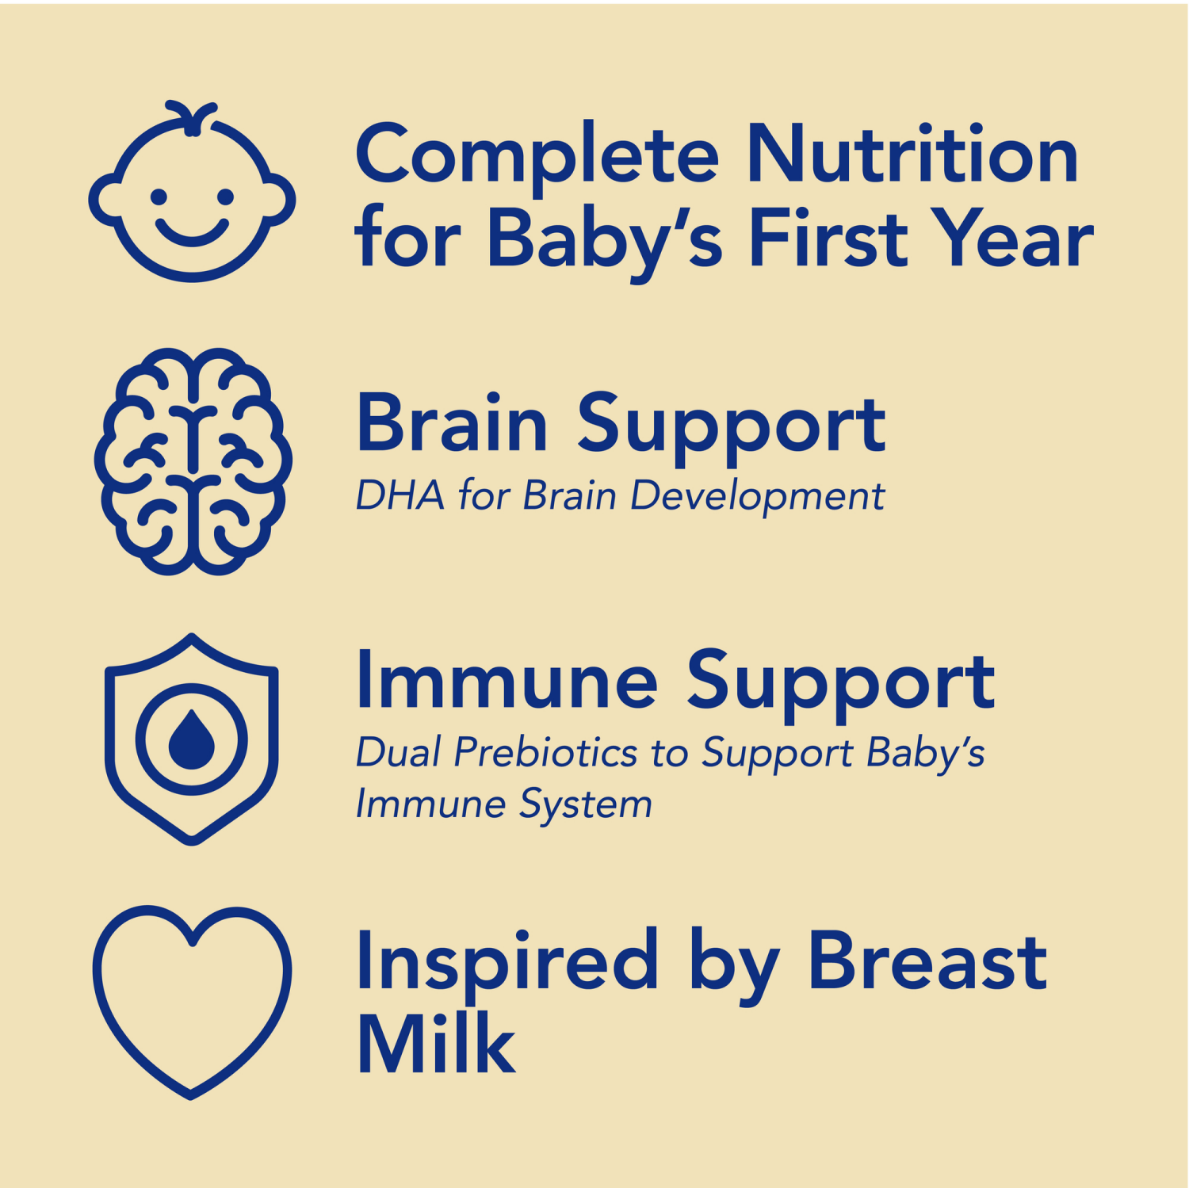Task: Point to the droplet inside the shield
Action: (x=192, y=741)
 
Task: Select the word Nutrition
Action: (x=912, y=155)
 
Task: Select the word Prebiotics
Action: (x=545, y=753)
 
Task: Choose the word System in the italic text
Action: (x=586, y=805)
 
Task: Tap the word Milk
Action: (x=436, y=1044)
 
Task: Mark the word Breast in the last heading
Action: (x=927, y=961)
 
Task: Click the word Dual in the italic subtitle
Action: (x=398, y=753)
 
